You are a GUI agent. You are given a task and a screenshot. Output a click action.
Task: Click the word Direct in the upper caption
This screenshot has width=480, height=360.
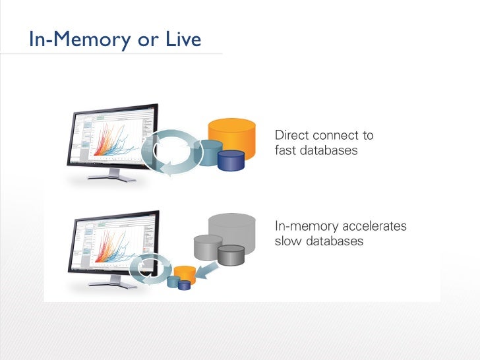point(291,136)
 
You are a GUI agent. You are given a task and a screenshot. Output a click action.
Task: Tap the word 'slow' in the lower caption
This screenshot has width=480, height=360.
point(288,241)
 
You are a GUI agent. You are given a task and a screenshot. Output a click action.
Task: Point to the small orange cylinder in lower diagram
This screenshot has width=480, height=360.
point(186,272)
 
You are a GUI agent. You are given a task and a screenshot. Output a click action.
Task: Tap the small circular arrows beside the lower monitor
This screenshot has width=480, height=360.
point(148,270)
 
